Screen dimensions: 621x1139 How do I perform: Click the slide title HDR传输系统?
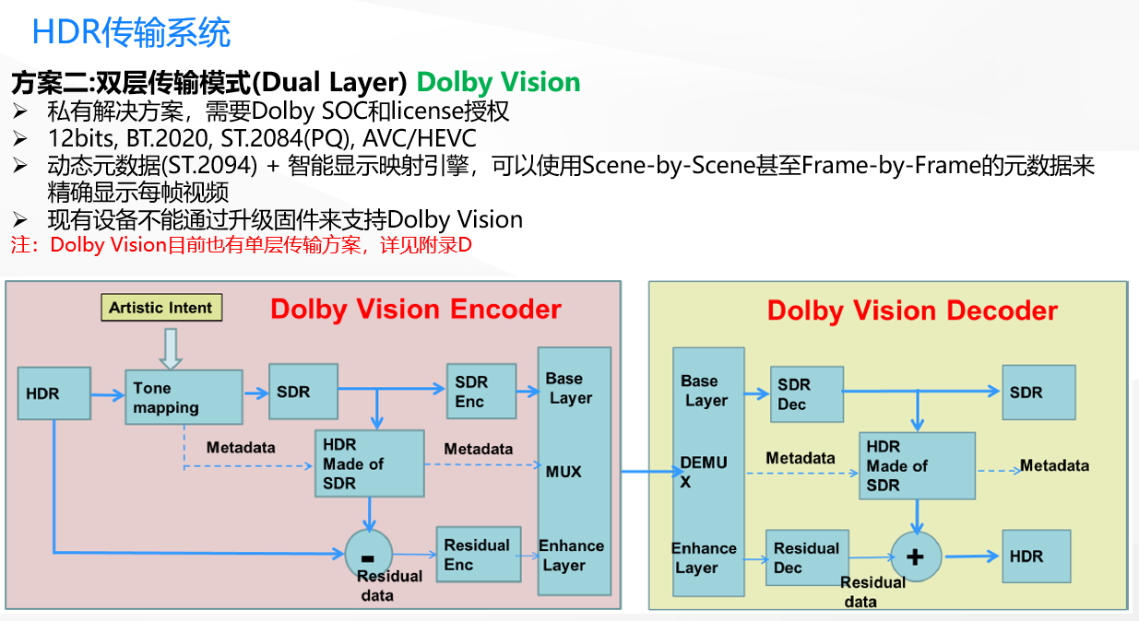tap(131, 33)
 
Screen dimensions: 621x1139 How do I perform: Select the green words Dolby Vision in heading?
tap(498, 82)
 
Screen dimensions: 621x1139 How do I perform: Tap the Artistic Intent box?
tap(161, 308)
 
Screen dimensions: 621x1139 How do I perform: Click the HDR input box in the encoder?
tap(54, 393)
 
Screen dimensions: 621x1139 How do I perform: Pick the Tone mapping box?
tap(184, 397)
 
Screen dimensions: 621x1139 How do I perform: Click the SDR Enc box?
tap(481, 391)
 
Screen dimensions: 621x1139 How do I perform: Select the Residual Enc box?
tap(478, 555)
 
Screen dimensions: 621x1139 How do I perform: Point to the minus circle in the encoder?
tap(368, 555)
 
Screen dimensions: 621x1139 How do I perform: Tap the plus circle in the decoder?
tap(915, 556)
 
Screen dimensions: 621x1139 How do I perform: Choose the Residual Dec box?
tap(807, 557)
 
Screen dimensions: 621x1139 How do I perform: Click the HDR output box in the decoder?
tap(1036, 556)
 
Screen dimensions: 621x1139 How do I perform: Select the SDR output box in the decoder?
tap(1038, 393)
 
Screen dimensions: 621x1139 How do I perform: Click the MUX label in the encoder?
tap(564, 472)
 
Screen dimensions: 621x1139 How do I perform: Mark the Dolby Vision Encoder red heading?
tap(415, 309)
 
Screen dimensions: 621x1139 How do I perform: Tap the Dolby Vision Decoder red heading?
tap(911, 310)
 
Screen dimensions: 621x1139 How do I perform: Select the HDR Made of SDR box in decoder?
tap(917, 465)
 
